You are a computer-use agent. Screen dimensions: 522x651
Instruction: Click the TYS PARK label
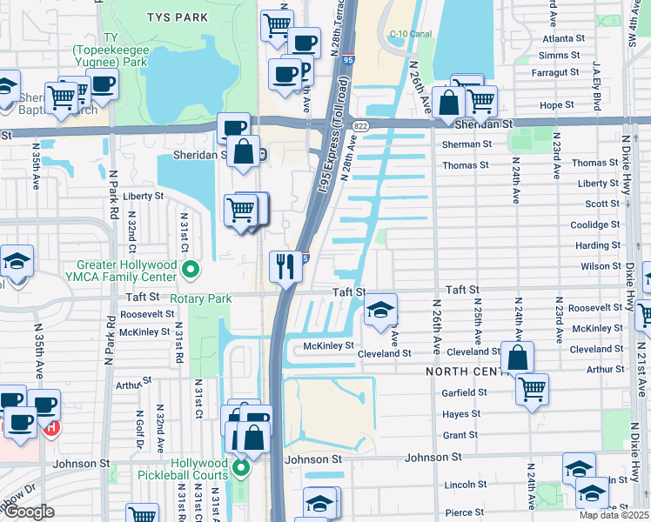[x=178, y=17]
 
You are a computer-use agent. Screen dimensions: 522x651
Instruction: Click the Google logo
[x=28, y=512]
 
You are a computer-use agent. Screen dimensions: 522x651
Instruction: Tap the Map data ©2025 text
[x=613, y=515]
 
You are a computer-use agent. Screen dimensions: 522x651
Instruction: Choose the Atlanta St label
[x=562, y=38]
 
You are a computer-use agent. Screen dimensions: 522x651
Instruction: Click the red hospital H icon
[x=52, y=427]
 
